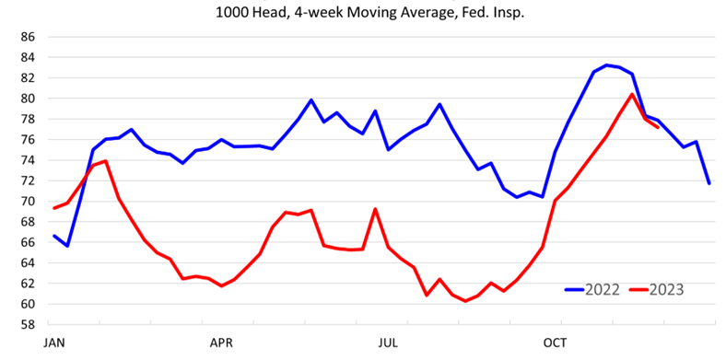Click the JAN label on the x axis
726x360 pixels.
pos(53,343)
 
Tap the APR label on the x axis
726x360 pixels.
pos(221,343)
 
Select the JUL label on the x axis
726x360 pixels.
pos(389,343)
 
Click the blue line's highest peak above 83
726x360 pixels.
pos(606,65)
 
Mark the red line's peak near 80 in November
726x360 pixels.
pos(632,94)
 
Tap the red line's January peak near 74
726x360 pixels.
pos(106,161)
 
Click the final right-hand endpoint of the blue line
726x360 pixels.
pos(709,183)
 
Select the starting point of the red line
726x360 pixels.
pos(54,208)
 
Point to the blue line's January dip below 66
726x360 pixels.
pos(67,246)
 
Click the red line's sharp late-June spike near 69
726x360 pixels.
pos(375,209)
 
